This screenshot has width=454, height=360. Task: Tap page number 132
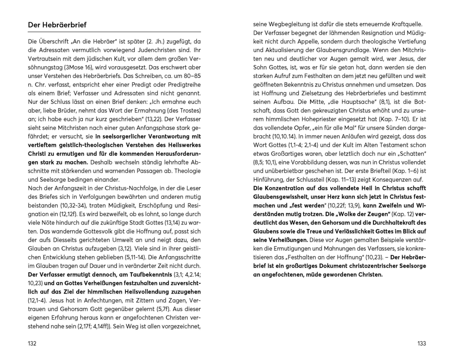pyautogui.click(x=32, y=343)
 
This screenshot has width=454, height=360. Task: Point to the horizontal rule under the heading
pyautogui.click(x=114, y=32)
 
